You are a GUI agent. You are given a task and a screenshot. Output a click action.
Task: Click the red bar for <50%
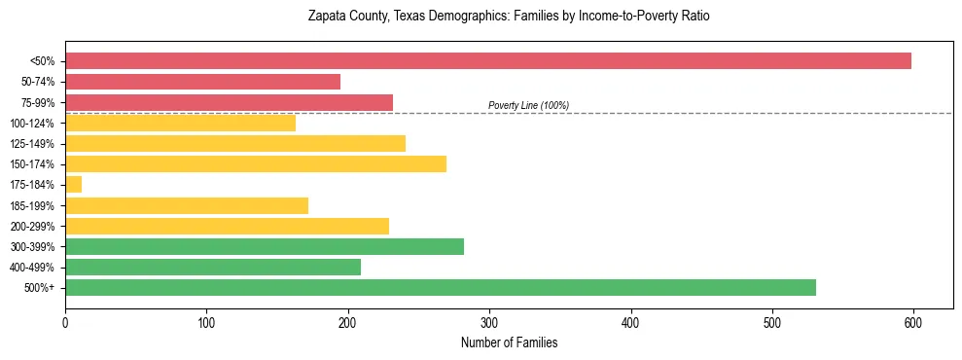487,61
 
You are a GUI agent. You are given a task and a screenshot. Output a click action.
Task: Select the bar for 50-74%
202,82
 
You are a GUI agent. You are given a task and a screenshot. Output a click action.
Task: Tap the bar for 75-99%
229,102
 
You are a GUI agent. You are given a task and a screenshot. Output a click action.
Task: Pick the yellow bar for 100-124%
180,123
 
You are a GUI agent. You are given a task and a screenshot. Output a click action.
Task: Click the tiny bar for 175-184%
73,185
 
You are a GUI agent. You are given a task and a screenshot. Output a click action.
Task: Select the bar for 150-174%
255,164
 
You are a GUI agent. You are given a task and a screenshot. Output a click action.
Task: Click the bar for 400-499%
212,268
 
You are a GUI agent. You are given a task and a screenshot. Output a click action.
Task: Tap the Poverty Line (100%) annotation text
528,105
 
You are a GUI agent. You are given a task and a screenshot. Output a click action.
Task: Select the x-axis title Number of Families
509,342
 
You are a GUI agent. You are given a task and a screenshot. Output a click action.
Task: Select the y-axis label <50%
43,61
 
